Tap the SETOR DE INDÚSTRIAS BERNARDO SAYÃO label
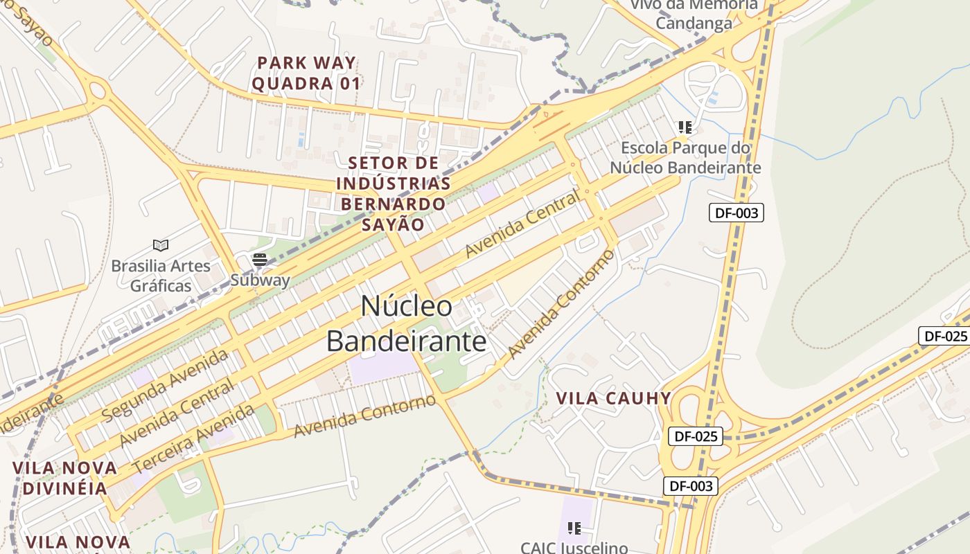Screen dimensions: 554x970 (x=393, y=194)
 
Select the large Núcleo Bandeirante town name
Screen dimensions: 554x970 (x=407, y=323)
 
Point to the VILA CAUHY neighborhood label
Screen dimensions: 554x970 (x=613, y=398)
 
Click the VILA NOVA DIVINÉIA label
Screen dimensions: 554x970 (x=64, y=477)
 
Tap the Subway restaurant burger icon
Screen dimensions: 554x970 (x=260, y=260)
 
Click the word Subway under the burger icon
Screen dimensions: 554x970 (x=260, y=280)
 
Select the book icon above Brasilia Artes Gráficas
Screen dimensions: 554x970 (x=161, y=245)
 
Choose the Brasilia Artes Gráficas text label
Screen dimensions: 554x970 (x=160, y=276)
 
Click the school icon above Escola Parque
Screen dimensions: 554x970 (x=685, y=127)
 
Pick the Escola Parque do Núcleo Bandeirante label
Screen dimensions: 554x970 (x=685, y=158)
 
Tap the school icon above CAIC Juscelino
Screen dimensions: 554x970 (x=574, y=529)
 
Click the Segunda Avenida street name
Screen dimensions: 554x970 (x=165, y=385)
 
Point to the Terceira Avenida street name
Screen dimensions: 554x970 (x=193, y=438)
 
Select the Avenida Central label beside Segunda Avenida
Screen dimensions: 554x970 (x=176, y=413)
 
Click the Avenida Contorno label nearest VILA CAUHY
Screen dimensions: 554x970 (x=561, y=305)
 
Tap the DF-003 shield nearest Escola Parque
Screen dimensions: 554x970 (x=736, y=213)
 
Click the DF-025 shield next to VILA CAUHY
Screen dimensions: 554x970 (x=695, y=436)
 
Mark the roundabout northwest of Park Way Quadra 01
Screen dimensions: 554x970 (x=96, y=89)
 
